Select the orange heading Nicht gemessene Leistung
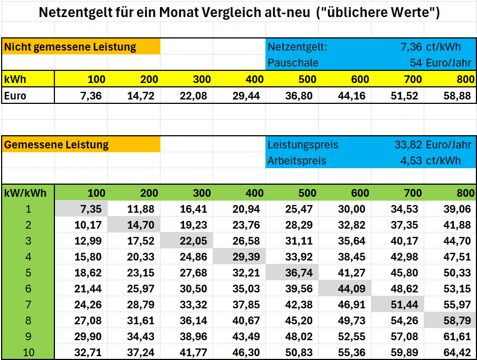70,47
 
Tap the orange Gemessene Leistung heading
56,145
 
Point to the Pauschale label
293,63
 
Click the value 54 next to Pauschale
415,63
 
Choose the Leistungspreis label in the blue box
303,145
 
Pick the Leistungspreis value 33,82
408,145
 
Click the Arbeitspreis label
297,160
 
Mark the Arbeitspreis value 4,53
411,160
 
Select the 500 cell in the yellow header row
307,80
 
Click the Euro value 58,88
457,96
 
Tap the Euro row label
15,96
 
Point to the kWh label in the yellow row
15,80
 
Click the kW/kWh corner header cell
25,193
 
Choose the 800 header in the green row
465,193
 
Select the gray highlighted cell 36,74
299,273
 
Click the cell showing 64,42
457,352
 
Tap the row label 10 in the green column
29,352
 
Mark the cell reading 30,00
351,209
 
